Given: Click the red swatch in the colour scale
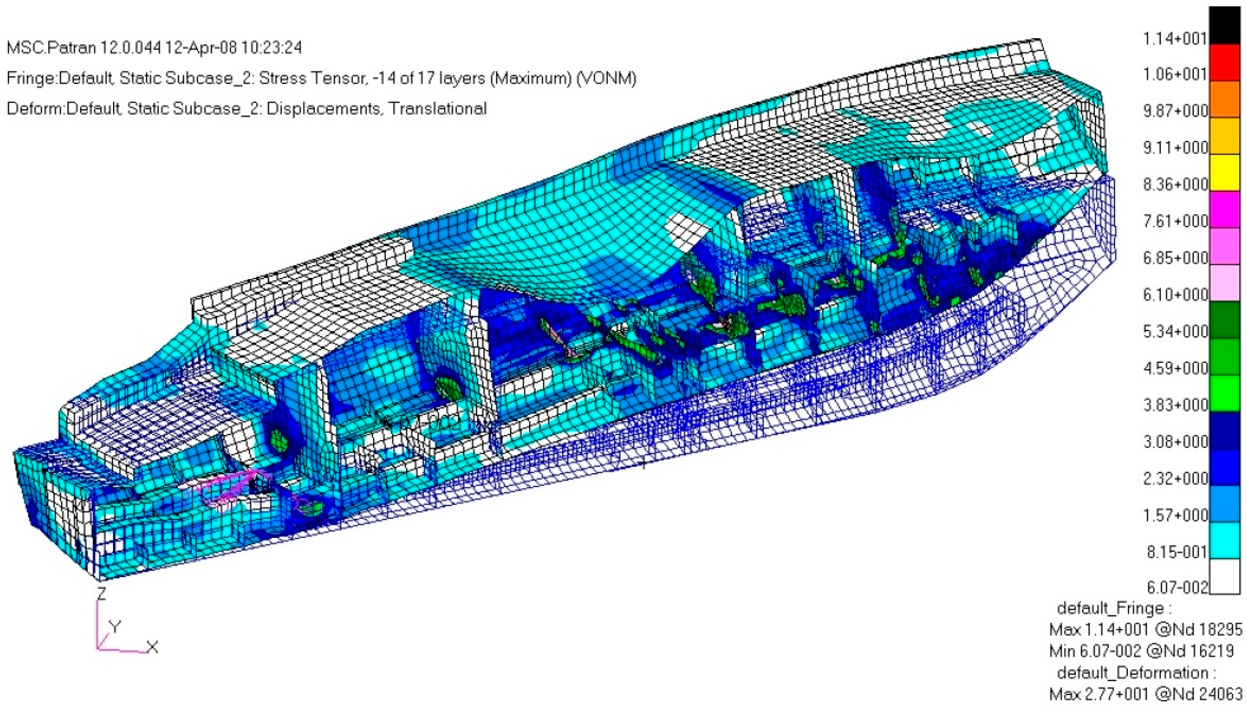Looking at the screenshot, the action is pos(1224,63).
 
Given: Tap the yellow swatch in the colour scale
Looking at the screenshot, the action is pos(1224,173).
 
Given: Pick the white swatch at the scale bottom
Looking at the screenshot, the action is pos(1224,576).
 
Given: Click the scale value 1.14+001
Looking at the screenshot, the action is pos(1175,38).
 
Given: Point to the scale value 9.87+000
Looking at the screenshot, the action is pos(1175,111).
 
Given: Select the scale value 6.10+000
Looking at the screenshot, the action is pos(1175,295).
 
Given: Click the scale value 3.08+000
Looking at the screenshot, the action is pos(1175,441).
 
